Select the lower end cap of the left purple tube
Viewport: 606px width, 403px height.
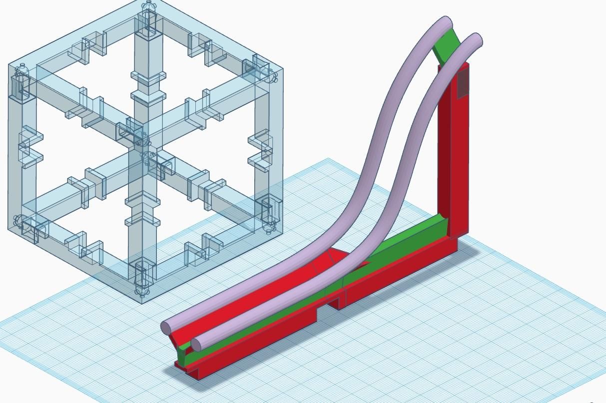coord(167,328)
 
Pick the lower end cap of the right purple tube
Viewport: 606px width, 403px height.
coord(197,344)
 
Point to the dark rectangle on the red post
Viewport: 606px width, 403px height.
coord(463,82)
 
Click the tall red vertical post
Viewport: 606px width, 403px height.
coord(453,150)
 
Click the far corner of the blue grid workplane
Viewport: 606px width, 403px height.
coord(328,159)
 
